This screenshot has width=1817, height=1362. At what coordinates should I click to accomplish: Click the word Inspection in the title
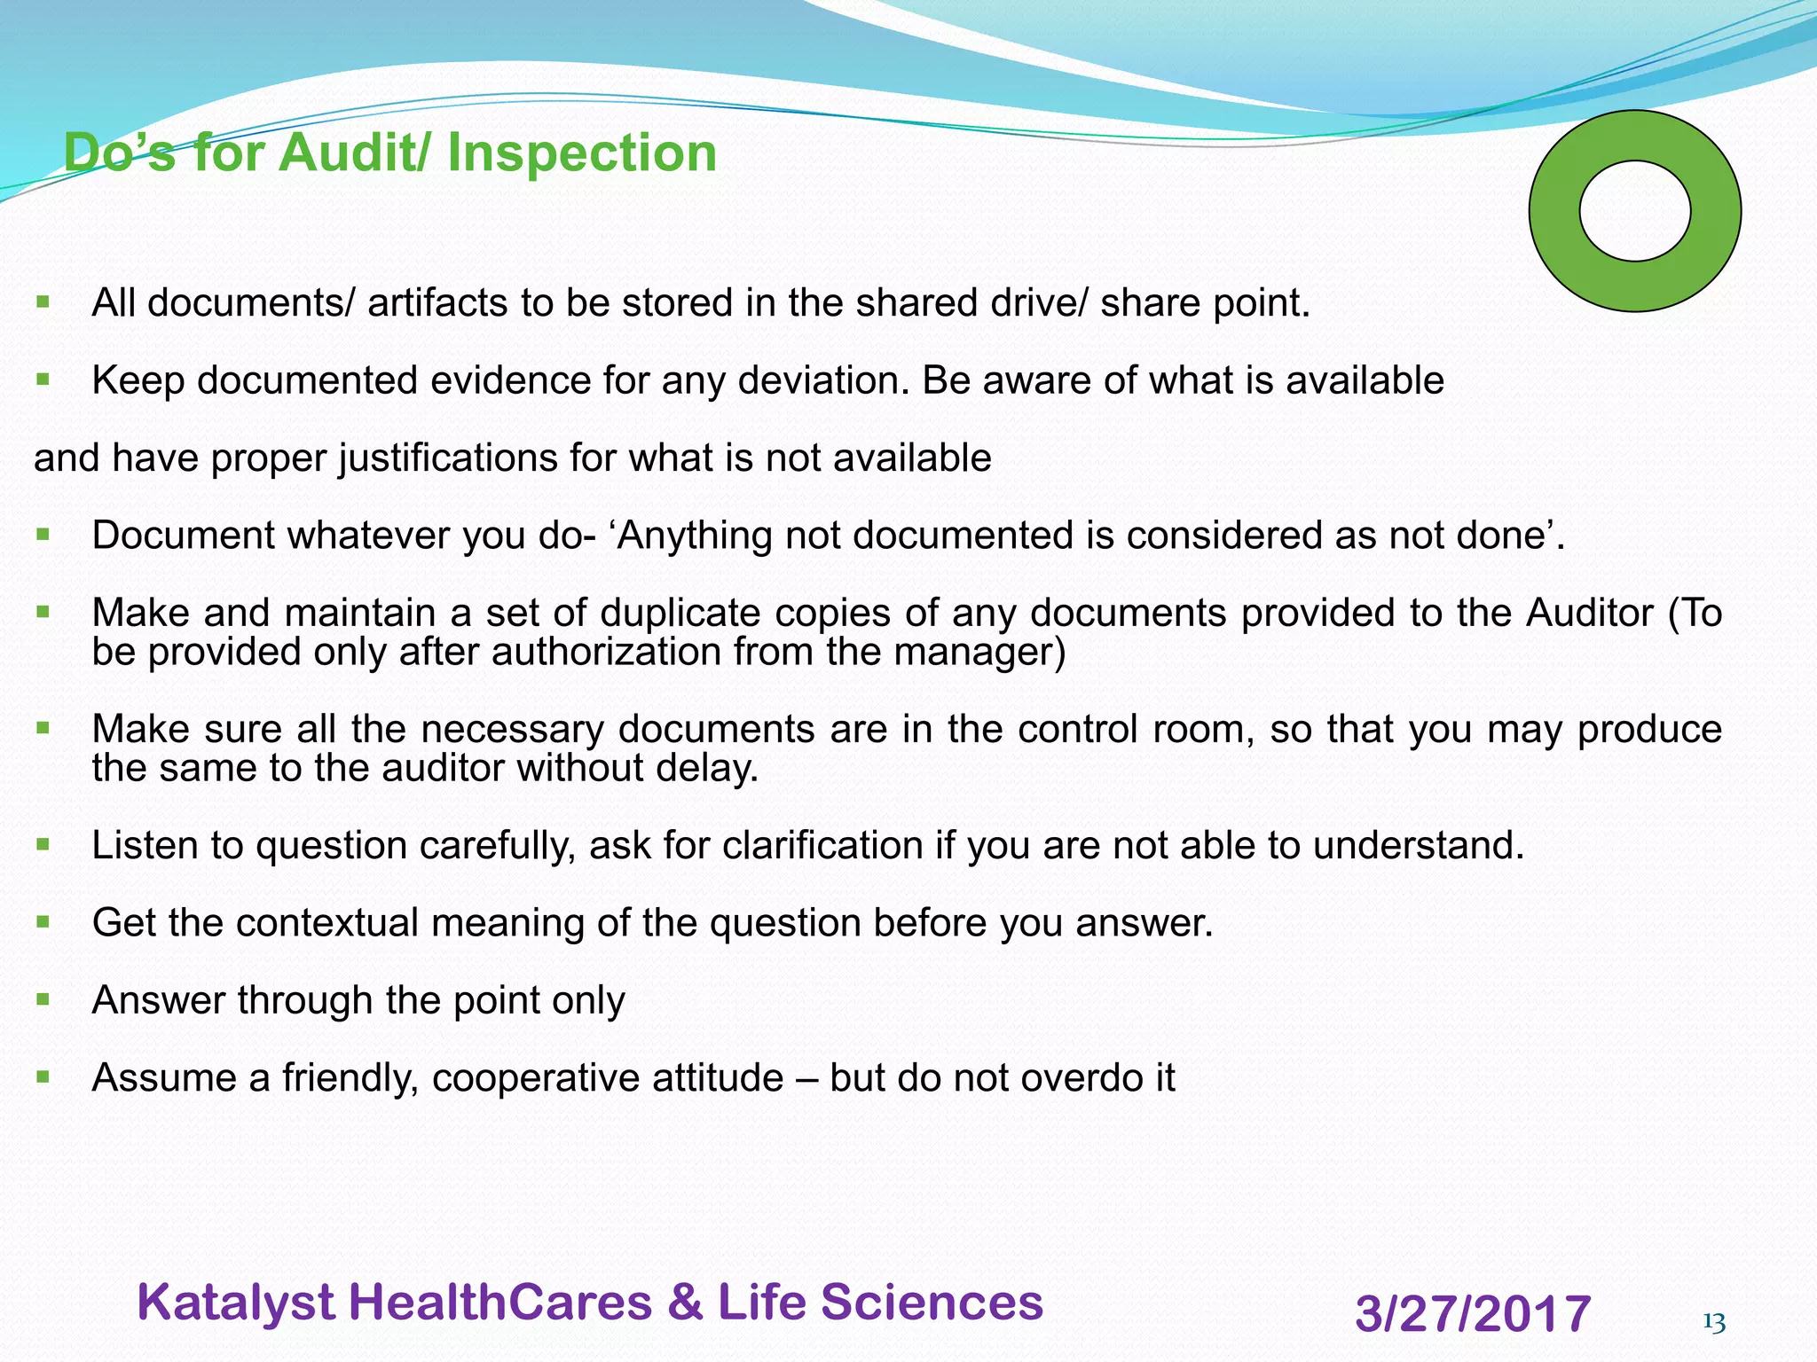582,153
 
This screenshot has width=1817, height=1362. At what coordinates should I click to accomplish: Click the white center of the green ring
1634,211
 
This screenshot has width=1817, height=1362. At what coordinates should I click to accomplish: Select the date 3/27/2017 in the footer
1473,1313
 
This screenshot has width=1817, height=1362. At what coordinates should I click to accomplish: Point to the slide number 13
1714,1323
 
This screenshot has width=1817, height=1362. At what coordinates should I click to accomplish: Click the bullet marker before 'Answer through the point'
43,999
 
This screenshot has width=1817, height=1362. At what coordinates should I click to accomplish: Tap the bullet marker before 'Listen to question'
43,844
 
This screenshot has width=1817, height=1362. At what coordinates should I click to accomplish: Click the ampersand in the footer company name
684,1303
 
